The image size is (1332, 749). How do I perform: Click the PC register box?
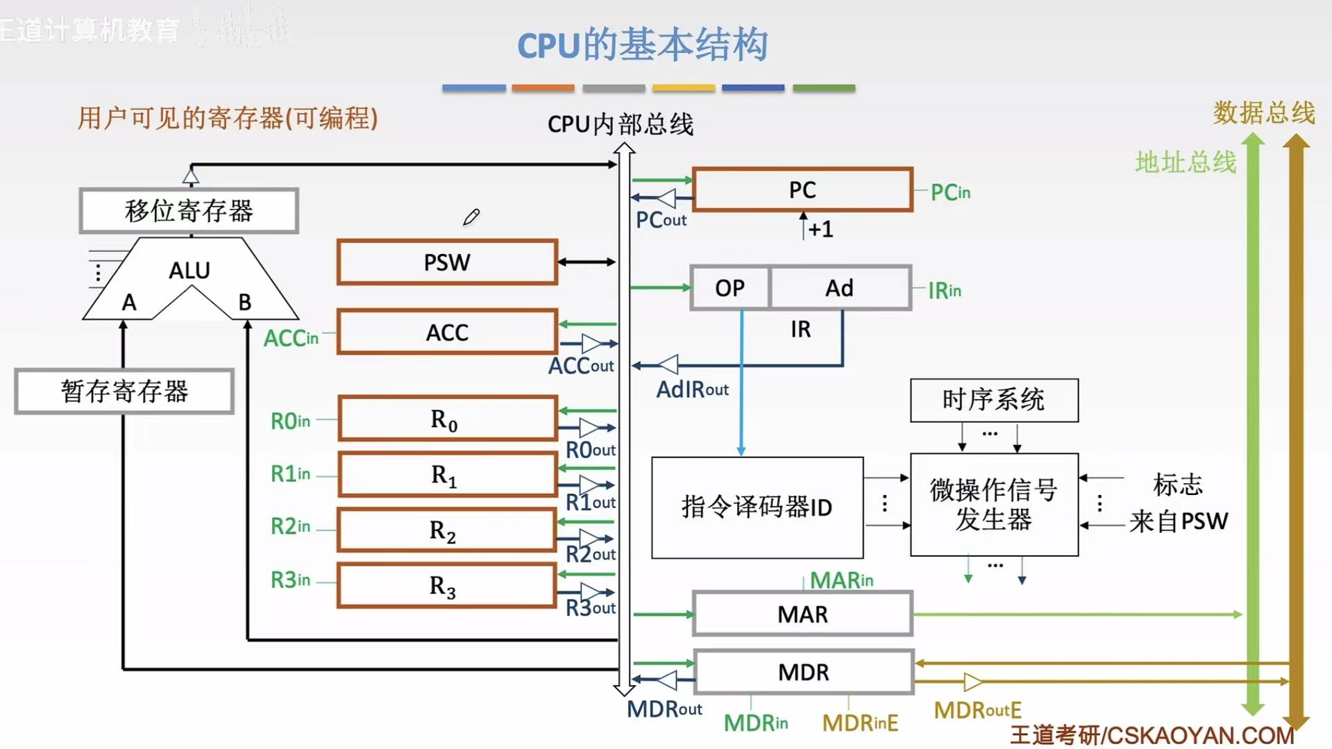click(802, 190)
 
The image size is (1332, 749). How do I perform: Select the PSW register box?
click(447, 262)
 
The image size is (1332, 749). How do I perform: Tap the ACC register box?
click(447, 332)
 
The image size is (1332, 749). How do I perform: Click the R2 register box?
click(446, 530)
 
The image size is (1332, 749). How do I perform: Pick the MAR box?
click(802, 614)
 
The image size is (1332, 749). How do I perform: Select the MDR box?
click(803, 672)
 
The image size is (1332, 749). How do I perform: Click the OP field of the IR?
click(730, 287)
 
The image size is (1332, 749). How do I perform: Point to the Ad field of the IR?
click(839, 287)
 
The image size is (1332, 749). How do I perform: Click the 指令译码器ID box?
click(757, 507)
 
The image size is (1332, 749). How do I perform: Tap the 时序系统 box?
click(993, 400)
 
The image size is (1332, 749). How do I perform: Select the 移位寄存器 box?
click(189, 210)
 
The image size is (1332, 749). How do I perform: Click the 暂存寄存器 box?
click(124, 392)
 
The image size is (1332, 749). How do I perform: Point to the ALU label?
click(189, 270)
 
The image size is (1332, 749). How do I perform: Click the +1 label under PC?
click(820, 229)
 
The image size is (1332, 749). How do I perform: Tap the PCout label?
click(661, 220)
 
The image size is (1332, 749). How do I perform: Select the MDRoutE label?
click(977, 710)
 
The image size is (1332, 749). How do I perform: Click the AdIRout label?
click(692, 389)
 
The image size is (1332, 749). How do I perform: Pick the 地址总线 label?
click(1186, 162)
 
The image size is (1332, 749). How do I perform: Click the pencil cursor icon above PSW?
click(471, 217)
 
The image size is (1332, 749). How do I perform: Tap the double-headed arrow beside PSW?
click(587, 262)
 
